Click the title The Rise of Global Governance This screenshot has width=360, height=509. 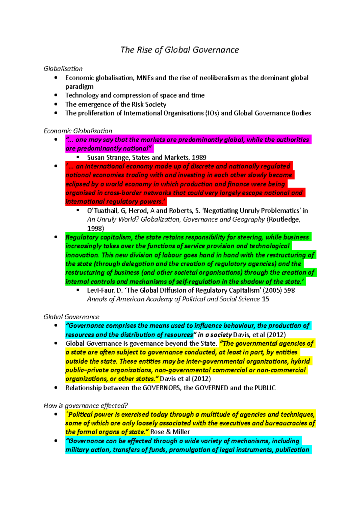[x=179, y=50]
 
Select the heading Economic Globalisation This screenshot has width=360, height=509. [x=78, y=131]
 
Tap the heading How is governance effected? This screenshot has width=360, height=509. [x=85, y=406]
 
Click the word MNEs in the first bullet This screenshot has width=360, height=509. [x=145, y=78]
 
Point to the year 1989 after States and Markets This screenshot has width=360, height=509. [x=199, y=157]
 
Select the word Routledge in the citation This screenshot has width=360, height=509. [x=283, y=219]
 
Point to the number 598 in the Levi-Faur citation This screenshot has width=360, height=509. [x=289, y=290]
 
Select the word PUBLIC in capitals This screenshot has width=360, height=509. [x=265, y=388]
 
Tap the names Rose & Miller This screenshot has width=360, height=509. [x=170, y=432]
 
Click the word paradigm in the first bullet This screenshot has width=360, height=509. [x=79, y=87]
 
